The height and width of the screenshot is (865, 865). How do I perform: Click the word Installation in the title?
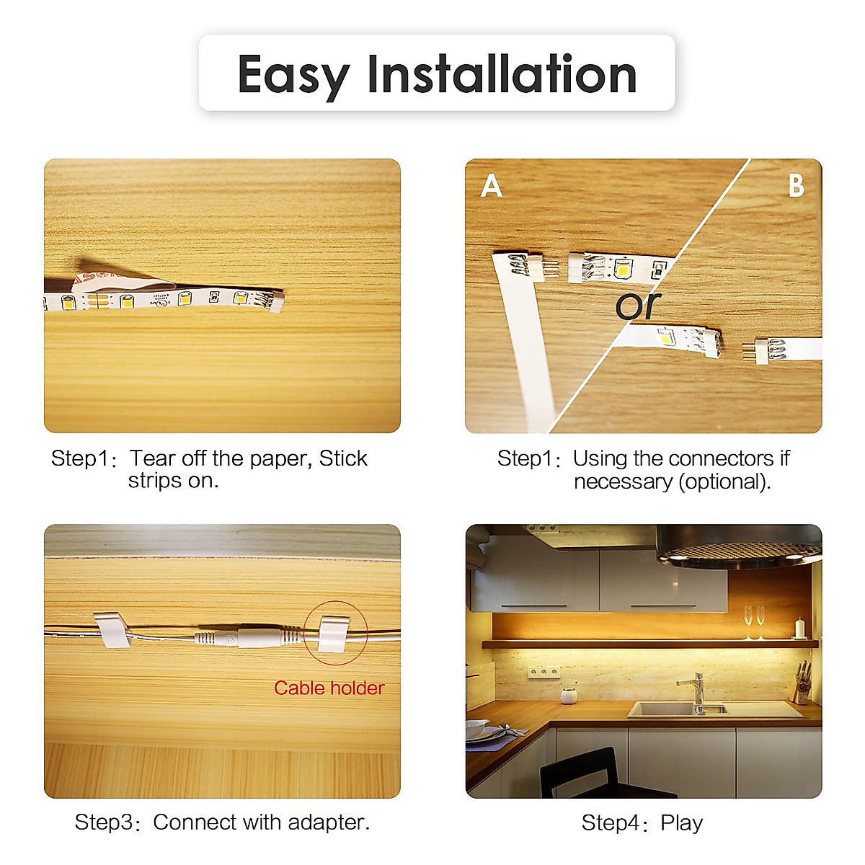coord(502,74)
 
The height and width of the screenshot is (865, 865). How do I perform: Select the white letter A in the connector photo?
coord(491,186)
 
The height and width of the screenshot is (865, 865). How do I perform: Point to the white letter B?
coord(796,186)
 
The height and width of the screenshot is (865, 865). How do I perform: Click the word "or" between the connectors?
coord(637,305)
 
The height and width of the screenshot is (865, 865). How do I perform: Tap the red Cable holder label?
coord(329,688)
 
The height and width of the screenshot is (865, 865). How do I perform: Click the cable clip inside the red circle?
coord(334,634)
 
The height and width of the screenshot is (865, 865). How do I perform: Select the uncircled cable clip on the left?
coord(111,630)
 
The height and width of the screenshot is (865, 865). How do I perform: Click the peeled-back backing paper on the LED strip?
coord(108,278)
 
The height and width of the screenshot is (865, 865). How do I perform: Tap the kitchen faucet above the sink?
coord(695,691)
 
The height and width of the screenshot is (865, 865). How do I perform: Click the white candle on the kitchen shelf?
coord(799,629)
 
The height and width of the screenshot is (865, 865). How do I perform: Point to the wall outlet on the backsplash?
coord(544,673)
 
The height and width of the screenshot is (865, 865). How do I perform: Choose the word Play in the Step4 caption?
coord(681,822)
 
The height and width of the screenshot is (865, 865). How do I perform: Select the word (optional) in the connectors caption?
coord(724,482)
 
